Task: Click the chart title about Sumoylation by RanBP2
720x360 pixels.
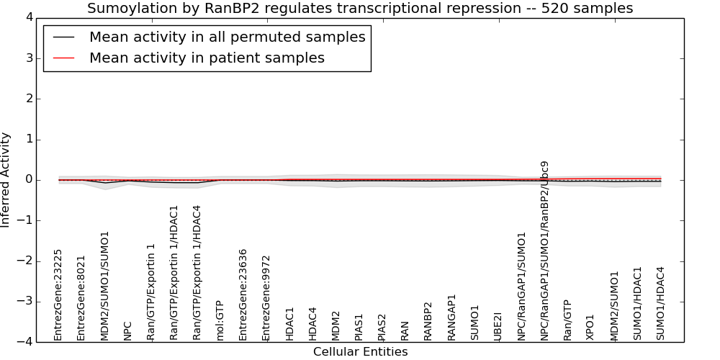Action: [x=360, y=8]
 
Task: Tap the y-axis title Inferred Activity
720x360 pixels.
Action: [x=5, y=180]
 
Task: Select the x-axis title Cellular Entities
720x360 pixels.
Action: [x=361, y=352]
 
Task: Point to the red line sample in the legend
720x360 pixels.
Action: [x=63, y=58]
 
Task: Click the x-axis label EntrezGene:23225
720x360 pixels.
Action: [x=58, y=295]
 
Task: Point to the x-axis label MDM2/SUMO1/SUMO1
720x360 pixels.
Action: [x=104, y=286]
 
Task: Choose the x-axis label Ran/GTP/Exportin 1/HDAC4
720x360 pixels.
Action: [x=197, y=273]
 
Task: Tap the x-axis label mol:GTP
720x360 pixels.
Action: [x=220, y=320]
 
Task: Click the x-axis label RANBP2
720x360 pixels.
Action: [x=428, y=321]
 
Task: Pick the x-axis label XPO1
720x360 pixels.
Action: [x=590, y=328]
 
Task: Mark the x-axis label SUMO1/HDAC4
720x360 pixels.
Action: [x=660, y=304]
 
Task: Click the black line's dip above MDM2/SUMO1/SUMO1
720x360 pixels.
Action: [x=105, y=183]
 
